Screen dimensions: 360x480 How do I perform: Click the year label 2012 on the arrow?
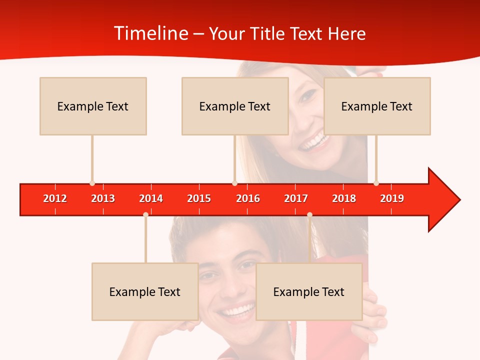coord(55,198)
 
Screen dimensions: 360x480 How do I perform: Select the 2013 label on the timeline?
coord(103,198)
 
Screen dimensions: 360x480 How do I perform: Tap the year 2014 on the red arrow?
coord(151,198)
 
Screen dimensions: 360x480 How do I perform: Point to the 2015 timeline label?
coord(199,198)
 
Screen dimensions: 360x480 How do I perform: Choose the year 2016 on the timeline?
coord(248,198)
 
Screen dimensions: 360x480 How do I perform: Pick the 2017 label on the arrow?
coord(296,198)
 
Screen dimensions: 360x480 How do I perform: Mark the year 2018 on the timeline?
coord(344,198)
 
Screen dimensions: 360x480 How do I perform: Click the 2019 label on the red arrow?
coord(392,198)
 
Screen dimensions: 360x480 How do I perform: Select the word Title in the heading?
coord(267,34)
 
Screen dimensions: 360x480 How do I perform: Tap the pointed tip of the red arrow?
coord(459,200)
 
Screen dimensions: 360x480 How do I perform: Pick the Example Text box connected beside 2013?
coord(93,106)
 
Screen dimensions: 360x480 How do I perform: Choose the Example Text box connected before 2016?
coord(235,106)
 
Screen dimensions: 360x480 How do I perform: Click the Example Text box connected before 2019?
coord(377,106)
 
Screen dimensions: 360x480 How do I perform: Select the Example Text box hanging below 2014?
coord(145,291)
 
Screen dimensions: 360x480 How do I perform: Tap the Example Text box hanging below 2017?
coord(309,291)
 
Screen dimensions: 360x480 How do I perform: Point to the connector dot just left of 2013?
coord(92,183)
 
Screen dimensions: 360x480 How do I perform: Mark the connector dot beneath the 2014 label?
coord(145,214)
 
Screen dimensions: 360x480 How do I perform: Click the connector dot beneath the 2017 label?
coord(309,214)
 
